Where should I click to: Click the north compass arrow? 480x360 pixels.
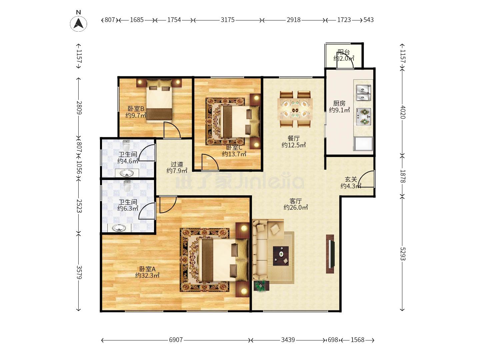tap(78, 24)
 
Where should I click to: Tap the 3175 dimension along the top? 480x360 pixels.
tap(227, 20)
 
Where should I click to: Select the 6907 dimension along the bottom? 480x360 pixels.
tap(176, 340)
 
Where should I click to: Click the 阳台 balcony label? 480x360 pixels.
tap(344, 52)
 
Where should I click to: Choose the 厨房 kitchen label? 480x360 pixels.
tap(339, 103)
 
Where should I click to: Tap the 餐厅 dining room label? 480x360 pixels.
tap(293, 138)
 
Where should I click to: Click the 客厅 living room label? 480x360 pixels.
tap(295, 201)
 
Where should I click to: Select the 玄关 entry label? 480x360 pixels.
tap(351, 179)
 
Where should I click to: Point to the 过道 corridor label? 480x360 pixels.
tap(177, 164)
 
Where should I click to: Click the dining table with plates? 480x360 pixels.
tap(295, 109)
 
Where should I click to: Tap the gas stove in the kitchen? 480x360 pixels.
tap(363, 117)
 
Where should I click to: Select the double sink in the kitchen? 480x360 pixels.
tap(363, 92)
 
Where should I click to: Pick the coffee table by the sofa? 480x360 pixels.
tap(281, 256)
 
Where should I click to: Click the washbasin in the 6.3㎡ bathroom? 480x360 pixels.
tap(119, 228)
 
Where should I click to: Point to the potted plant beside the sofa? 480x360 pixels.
tap(261, 286)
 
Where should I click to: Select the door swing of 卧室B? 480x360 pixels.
tap(172, 130)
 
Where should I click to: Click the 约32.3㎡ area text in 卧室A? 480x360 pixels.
tap(147, 275)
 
